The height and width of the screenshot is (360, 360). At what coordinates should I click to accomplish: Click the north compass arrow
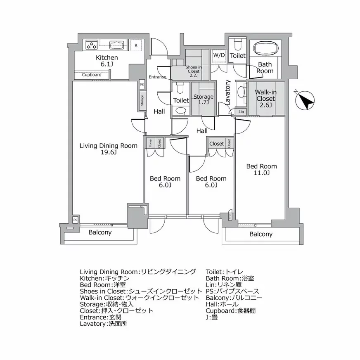(306, 100)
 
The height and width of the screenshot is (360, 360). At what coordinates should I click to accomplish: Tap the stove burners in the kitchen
(91, 45)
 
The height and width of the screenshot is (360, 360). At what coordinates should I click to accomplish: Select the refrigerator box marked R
(136, 45)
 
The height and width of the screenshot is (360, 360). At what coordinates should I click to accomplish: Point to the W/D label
(219, 55)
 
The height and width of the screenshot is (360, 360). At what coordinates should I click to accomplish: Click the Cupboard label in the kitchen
(92, 75)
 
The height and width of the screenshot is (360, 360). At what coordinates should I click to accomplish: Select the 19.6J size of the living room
(109, 152)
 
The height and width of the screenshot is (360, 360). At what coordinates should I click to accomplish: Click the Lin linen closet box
(241, 112)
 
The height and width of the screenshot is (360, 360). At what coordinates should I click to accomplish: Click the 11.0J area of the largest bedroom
(261, 173)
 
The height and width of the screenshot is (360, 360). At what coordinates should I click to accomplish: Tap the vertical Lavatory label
(228, 93)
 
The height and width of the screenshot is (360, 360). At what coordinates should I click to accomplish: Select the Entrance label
(158, 77)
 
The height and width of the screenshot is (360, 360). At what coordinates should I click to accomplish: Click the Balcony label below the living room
(100, 232)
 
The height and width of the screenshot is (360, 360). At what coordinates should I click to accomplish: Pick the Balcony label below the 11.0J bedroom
(261, 234)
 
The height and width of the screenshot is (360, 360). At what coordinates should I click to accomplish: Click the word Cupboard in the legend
(219, 310)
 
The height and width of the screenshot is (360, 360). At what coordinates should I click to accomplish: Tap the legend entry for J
(208, 317)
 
